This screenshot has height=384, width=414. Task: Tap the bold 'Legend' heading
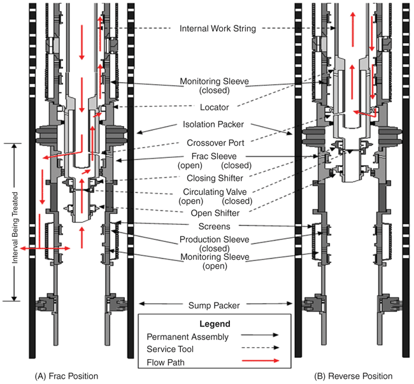click(214, 324)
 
